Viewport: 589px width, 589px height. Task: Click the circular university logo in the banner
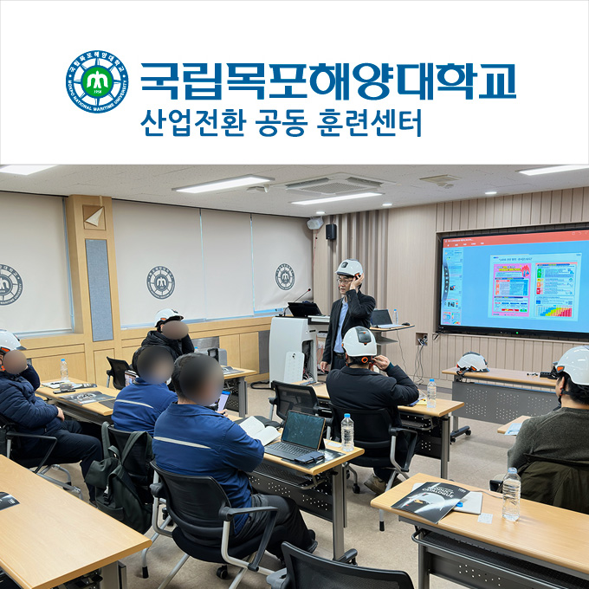coord(96,81)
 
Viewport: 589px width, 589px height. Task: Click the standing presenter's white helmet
coord(349,268)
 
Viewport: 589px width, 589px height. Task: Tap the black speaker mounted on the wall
coord(331,231)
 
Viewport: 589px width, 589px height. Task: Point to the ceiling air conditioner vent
coord(334,184)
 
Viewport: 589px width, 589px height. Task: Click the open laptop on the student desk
coord(298,436)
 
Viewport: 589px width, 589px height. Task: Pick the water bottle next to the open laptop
coord(347,431)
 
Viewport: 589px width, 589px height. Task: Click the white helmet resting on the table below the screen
coord(472,362)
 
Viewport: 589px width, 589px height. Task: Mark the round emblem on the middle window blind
coord(160,282)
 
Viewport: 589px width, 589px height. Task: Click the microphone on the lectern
coord(299,299)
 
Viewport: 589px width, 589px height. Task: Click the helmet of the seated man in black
coord(359,342)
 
